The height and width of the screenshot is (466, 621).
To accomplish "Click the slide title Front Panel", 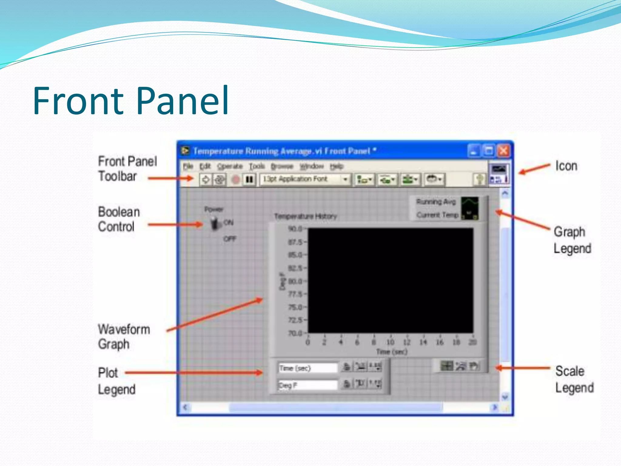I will tap(131, 101).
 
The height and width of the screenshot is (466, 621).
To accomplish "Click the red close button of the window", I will tap(504, 151).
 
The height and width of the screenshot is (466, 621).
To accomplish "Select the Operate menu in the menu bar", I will tap(230, 166).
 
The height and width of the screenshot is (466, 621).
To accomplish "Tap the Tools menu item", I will tap(257, 166).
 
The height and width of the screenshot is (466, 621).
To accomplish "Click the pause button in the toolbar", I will tap(249, 180).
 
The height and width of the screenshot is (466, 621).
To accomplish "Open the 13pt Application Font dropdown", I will tap(345, 179).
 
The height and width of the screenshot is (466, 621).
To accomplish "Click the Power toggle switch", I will tap(216, 224).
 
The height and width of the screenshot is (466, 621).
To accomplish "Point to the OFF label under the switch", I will tap(230, 239).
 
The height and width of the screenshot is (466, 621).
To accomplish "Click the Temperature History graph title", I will tap(305, 216).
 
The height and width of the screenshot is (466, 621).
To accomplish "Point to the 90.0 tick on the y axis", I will tap(295, 228).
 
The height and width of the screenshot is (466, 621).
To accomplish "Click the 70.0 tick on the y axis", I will tap(295, 333).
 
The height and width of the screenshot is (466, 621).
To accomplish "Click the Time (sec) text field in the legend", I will tap(307, 368).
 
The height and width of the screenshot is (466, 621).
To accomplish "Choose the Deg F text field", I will tap(307, 385).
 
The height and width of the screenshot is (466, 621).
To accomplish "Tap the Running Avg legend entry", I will tap(436, 202).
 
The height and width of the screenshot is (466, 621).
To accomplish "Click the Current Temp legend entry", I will tap(437, 215).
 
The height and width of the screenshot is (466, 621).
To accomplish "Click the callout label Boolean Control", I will tap(119, 219).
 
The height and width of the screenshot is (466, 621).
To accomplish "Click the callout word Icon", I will tap(566, 166).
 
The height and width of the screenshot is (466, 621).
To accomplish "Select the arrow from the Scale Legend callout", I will tap(523, 368).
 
